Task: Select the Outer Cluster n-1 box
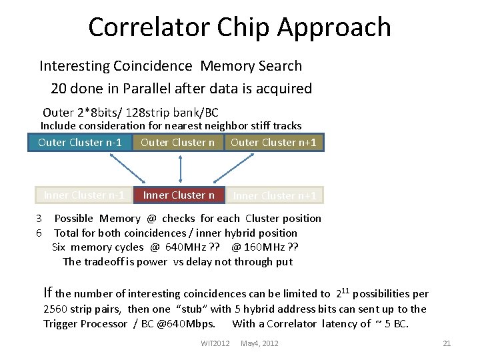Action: coord(80,142)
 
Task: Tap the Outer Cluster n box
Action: coord(178,142)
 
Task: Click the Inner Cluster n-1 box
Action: coord(84,195)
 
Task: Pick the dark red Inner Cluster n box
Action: coord(179,195)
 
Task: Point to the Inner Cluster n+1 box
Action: coord(275,195)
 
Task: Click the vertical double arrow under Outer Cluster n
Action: coord(179,168)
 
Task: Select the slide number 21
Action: coord(447,343)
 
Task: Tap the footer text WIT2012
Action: coord(215,343)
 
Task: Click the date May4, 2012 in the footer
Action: coord(259,343)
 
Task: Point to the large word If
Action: coord(47,292)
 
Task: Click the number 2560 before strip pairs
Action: coord(55,309)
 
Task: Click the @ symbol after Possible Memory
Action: coord(151,219)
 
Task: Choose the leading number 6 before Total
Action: coord(39,233)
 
